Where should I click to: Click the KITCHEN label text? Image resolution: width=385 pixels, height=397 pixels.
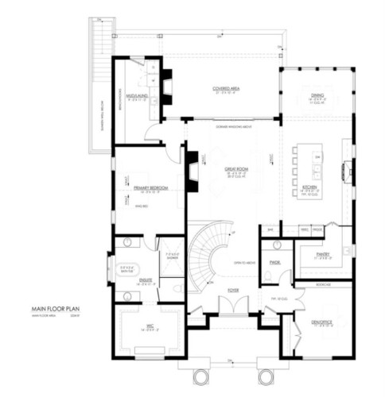(x=310, y=187)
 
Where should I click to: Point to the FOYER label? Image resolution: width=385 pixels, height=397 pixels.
(x=233, y=291)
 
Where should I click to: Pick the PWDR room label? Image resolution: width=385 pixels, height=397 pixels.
(x=276, y=261)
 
